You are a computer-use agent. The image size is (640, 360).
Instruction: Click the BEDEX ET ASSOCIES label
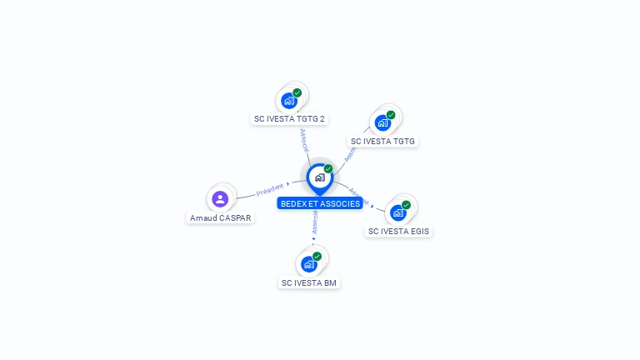point(320,203)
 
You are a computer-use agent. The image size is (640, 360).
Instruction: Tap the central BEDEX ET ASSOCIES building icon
point(319,177)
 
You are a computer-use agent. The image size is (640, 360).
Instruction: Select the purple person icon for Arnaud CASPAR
point(220,198)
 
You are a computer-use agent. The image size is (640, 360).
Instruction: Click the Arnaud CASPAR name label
point(220,217)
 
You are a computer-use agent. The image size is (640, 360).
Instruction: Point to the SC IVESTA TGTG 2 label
point(289,118)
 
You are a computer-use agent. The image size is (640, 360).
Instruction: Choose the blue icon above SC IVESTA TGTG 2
point(288,101)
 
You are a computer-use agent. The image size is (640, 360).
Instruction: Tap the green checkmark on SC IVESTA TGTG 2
point(297,92)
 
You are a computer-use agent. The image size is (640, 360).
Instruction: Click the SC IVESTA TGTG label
point(382,142)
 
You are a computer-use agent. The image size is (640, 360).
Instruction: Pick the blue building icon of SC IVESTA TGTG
point(382,123)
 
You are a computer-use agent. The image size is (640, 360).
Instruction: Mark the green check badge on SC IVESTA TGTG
point(391,115)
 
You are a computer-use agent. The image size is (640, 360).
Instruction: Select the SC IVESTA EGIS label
point(398,231)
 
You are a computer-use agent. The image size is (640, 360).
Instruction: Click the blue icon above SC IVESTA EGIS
point(397,213)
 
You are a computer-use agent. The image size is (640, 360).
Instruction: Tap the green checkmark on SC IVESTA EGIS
point(406,205)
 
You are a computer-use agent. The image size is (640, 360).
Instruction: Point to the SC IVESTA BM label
point(309,282)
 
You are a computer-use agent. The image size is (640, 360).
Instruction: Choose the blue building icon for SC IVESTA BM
point(308,264)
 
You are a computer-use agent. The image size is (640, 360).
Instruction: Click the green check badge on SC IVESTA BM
point(317,256)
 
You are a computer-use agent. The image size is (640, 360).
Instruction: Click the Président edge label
point(270,190)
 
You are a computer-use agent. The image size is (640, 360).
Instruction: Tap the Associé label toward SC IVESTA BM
point(315,222)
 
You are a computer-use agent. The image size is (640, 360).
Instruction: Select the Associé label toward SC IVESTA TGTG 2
point(304,139)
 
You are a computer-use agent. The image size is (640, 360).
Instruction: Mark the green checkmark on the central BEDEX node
point(328,168)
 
